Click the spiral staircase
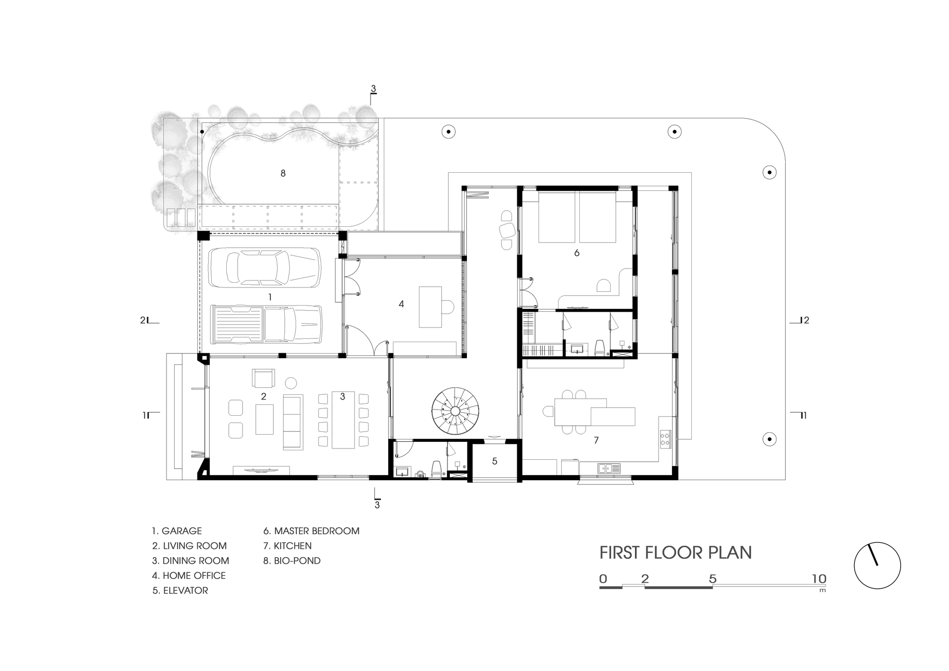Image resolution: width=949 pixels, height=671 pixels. pos(455,411)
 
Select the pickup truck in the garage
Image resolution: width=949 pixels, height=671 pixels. pos(266,324)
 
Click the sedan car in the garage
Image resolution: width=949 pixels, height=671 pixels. pos(265,268)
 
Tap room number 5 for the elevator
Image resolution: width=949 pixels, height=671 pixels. pos(494,461)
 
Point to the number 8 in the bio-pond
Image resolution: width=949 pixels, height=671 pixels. pos(283,174)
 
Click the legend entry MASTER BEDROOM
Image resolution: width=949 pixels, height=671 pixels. pos(311,531)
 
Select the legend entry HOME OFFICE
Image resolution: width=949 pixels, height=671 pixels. pos(189,576)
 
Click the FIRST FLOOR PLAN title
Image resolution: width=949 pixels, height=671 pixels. pos(675,553)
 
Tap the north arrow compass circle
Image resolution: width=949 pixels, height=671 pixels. pos(877,566)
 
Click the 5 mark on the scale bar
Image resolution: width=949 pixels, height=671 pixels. pos(712,579)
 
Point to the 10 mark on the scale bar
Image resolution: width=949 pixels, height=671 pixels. pos(819,579)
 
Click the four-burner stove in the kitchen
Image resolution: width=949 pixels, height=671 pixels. pos(665,438)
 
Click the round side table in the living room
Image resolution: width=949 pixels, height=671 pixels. pos(290,383)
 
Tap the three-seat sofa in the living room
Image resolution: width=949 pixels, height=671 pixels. pos(293,422)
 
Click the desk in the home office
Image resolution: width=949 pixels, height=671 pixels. pos(430,307)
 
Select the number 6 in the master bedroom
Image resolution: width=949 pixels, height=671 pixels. pos(577,253)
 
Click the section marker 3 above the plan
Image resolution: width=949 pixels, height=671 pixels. pos(373,89)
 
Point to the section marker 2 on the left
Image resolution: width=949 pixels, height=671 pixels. pos(143,320)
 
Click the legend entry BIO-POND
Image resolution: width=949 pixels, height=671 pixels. pos(292,561)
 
